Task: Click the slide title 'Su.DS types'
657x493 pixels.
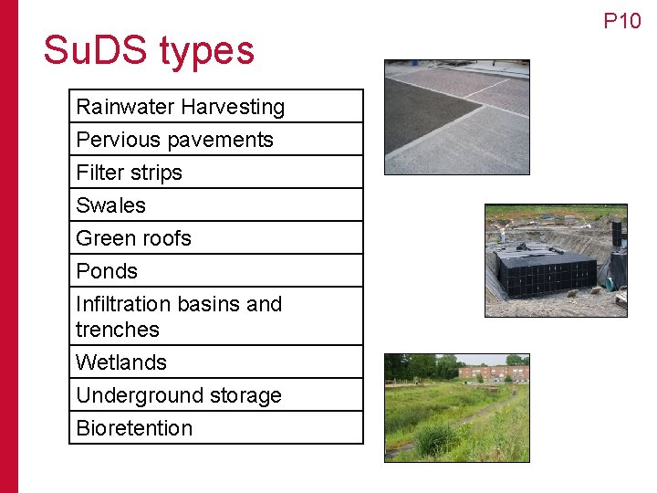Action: [x=149, y=51]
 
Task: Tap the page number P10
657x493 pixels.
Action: [x=622, y=21]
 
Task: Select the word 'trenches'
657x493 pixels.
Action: [x=118, y=330]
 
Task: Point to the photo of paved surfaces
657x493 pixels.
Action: [x=456, y=117]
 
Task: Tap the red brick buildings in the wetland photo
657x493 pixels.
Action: [x=493, y=372]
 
